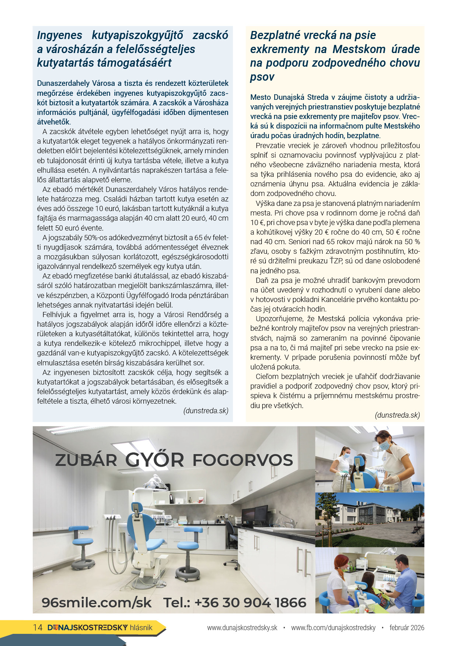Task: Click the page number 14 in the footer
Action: point(38,628)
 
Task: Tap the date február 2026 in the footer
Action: point(407,628)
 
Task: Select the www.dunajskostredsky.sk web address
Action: point(242,628)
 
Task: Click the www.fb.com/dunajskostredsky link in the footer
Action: point(333,628)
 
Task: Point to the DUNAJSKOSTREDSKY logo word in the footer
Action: point(88,628)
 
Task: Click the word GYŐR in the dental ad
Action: point(154,460)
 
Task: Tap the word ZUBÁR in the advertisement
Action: point(86,460)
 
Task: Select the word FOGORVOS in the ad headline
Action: point(243,460)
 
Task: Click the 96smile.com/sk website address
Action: point(97,603)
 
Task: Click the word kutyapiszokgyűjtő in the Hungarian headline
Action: point(137,35)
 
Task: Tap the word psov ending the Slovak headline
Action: point(262,77)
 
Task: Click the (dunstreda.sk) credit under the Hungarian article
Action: point(206,411)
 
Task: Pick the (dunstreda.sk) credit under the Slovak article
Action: point(397,415)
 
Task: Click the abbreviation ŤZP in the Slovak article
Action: point(336,261)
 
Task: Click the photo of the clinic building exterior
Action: point(370,520)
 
